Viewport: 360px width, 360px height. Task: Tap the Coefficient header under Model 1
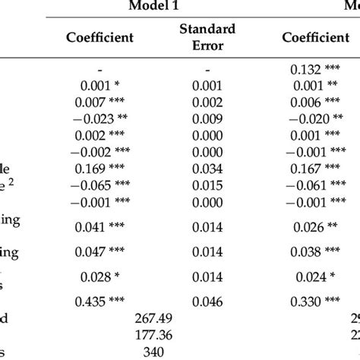(x=100, y=36)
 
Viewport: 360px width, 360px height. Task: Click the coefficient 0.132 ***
(x=316, y=68)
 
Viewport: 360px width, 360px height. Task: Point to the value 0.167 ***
(x=316, y=169)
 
